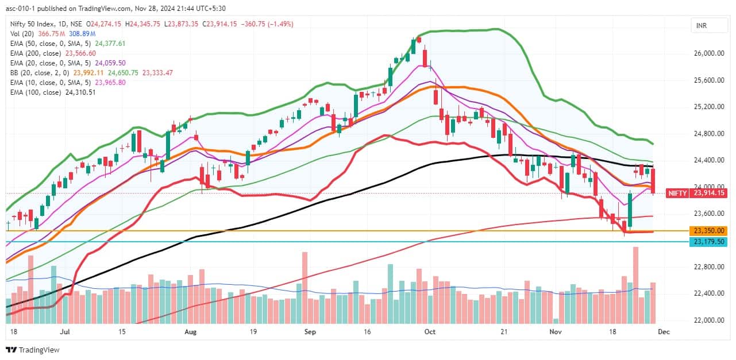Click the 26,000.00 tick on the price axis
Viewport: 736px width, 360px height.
(x=707, y=53)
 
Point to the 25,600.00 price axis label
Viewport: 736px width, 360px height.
(x=707, y=80)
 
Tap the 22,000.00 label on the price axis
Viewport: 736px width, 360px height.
(x=707, y=320)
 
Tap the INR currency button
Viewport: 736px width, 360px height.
(x=702, y=26)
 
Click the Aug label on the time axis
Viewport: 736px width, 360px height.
(x=191, y=332)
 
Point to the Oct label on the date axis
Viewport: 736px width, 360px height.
(x=431, y=332)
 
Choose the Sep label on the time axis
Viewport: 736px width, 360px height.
(x=310, y=332)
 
